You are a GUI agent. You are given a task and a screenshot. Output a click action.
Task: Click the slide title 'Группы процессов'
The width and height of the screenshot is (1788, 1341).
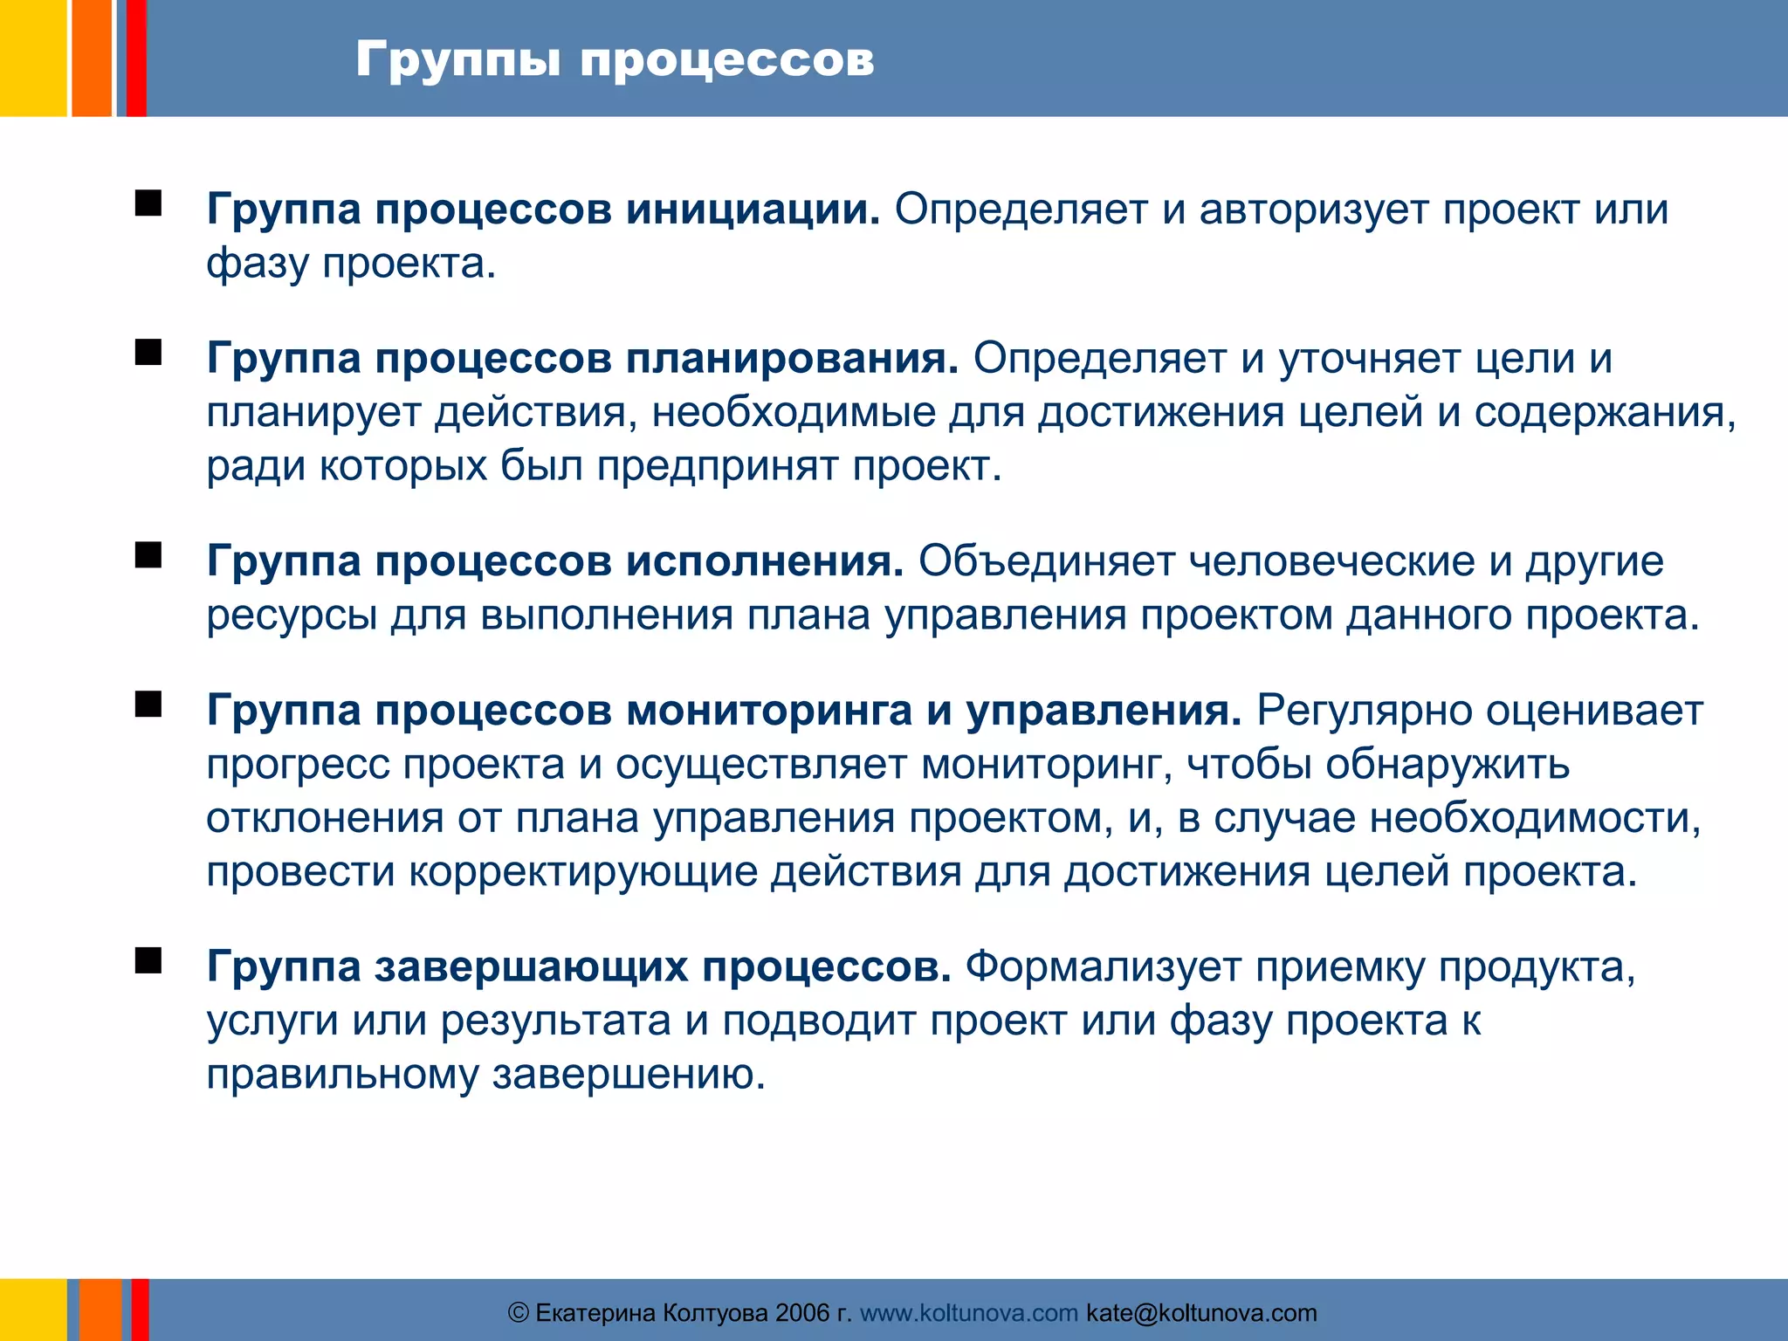coord(615,59)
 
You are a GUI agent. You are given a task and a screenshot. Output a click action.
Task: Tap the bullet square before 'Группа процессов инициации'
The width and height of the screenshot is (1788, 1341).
coord(148,203)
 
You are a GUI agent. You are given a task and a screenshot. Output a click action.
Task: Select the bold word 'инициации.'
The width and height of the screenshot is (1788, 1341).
coord(753,210)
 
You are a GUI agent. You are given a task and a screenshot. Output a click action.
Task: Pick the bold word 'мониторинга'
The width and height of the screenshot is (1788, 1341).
coord(769,711)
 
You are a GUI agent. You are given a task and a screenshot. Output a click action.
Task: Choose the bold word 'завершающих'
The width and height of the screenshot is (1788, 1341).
coord(532,966)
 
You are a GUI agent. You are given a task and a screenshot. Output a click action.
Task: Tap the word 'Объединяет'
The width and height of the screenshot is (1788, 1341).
coord(1046,561)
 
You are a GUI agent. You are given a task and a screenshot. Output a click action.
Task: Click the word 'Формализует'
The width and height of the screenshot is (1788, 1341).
coord(1103,966)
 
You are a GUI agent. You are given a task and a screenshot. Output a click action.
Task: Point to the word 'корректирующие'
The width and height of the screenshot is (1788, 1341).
coord(582,872)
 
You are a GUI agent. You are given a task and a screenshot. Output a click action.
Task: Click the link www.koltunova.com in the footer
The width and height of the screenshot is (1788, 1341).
coord(968,1313)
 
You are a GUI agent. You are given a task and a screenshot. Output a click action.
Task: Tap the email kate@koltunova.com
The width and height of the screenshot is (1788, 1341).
coord(1201,1313)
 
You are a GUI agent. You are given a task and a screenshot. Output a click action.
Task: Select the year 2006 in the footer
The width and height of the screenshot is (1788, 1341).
coord(802,1313)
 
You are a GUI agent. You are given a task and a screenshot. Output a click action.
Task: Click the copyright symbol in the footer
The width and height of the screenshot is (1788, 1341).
coord(518,1313)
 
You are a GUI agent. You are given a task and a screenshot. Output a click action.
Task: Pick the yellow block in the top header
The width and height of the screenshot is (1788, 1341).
coord(32,58)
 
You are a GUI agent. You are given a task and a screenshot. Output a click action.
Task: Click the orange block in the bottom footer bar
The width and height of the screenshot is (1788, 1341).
coord(100,1310)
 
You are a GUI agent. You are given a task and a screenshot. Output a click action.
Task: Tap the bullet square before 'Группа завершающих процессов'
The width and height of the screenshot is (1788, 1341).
coord(148,960)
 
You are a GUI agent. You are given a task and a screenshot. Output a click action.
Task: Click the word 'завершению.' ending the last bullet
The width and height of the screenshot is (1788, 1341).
coord(629,1075)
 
